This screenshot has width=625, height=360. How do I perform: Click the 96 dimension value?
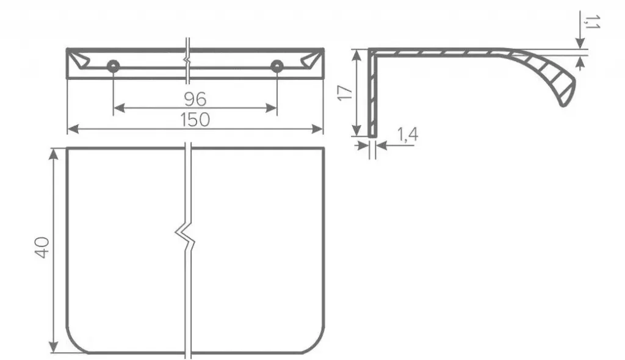point(195,99)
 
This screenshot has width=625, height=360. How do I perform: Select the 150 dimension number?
point(195,120)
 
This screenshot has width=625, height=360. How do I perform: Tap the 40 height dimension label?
point(42,248)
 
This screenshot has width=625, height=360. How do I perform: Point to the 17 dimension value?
point(345,93)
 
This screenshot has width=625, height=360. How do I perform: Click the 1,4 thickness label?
point(407,135)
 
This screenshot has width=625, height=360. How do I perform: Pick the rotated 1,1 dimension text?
point(591,22)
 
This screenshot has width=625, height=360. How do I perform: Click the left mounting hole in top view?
point(113,67)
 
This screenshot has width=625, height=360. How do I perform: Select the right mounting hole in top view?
point(276,67)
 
